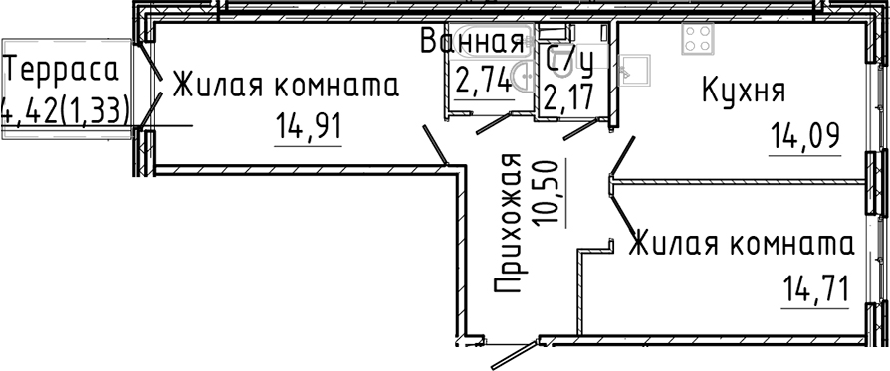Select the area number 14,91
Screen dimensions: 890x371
307,128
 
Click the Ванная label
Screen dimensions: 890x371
471,43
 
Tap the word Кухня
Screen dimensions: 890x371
744,92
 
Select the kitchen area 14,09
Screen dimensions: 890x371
803,134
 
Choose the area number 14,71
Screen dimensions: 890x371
813,293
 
